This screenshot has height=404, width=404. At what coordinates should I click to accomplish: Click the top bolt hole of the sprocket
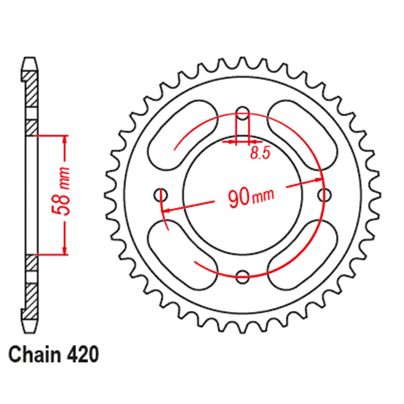242,113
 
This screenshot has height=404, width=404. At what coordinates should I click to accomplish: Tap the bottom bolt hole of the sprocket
242,277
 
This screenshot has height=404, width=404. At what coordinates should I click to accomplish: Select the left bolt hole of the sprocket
161,195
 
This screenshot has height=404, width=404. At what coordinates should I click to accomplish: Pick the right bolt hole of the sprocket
324,195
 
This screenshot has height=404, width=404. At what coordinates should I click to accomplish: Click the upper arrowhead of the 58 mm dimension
65,139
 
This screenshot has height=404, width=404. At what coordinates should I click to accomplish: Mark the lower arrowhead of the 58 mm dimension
65,251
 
